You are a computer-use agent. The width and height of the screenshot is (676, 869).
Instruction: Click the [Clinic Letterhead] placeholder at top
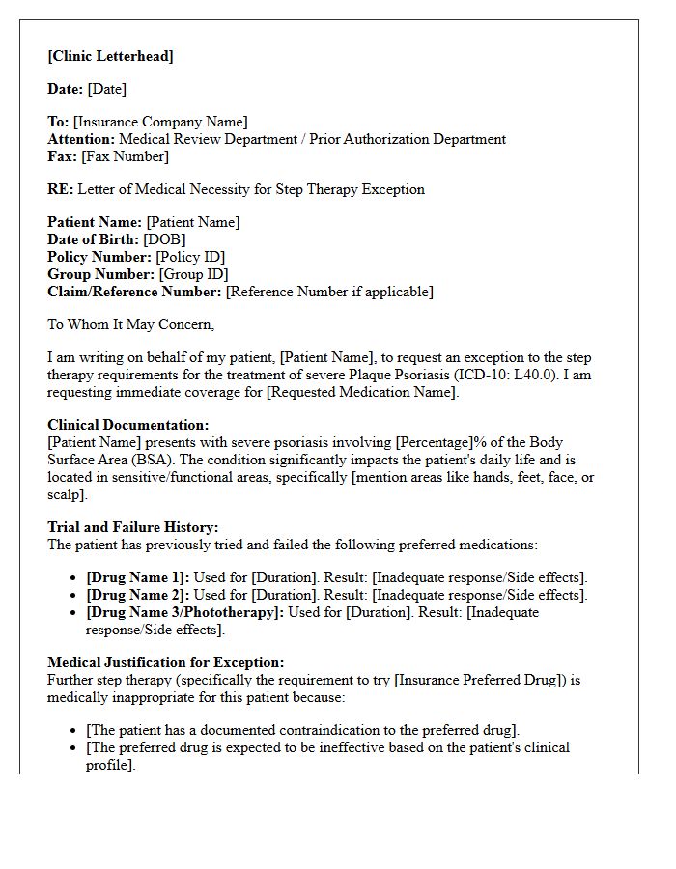click(x=110, y=56)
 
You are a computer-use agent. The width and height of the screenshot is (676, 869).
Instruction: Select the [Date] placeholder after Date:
click(x=106, y=89)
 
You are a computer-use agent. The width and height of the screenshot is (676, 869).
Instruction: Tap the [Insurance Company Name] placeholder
click(x=160, y=122)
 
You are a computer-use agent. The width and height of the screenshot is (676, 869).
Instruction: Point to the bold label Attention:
click(x=80, y=139)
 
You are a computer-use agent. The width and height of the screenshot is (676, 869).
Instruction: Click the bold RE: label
click(x=60, y=189)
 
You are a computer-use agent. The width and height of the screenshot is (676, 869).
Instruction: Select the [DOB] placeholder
click(x=164, y=239)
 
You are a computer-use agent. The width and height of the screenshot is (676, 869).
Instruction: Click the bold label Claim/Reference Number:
click(x=134, y=292)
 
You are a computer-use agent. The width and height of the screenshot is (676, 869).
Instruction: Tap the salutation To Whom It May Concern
click(x=130, y=324)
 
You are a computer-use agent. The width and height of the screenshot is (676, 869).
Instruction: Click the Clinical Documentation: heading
click(x=127, y=425)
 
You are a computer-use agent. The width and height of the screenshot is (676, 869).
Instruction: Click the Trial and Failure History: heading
click(x=133, y=527)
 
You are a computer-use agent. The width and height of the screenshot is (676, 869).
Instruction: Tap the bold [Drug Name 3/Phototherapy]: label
click(x=184, y=612)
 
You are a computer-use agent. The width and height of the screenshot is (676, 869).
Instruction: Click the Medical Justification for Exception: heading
click(x=165, y=662)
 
